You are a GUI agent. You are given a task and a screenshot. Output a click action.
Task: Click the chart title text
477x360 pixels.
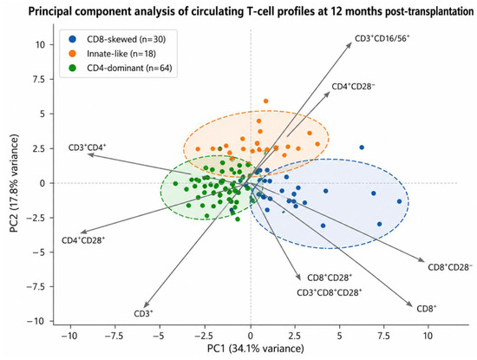click(251, 12)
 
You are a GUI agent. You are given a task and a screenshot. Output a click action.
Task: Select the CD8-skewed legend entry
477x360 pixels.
click(117, 39)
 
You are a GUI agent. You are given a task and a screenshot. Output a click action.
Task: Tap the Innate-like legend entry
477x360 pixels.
click(112, 54)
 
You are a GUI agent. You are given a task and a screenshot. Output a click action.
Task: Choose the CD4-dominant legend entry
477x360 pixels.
click(121, 68)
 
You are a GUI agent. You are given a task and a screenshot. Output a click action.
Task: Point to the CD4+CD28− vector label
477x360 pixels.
click(353, 87)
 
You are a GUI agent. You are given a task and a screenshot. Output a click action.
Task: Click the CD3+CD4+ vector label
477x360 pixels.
click(88, 147)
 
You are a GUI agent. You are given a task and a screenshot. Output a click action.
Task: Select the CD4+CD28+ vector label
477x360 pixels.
click(83, 240)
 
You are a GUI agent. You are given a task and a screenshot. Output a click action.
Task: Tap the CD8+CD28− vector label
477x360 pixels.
click(450, 267)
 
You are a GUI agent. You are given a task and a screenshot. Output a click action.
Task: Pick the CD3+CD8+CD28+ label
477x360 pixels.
click(330, 292)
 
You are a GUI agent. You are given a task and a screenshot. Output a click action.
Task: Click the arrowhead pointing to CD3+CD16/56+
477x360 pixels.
click(350, 45)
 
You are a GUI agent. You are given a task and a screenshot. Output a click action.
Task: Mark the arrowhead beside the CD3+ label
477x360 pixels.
click(146, 304)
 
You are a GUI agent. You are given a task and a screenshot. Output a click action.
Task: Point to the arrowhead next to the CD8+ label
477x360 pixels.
click(409, 304)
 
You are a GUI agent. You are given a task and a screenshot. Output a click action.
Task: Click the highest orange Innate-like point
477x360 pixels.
click(266, 101)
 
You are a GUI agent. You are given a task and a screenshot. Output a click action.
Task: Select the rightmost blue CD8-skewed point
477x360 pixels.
click(400, 201)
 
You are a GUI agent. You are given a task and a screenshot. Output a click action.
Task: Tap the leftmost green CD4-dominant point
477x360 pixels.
click(175, 184)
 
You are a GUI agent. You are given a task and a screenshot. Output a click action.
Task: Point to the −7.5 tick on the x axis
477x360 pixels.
click(114, 336)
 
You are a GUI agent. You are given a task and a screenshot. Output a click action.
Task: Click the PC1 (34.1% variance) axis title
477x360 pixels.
click(256, 349)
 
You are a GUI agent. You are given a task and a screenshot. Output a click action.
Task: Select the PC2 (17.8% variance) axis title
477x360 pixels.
click(15, 183)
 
